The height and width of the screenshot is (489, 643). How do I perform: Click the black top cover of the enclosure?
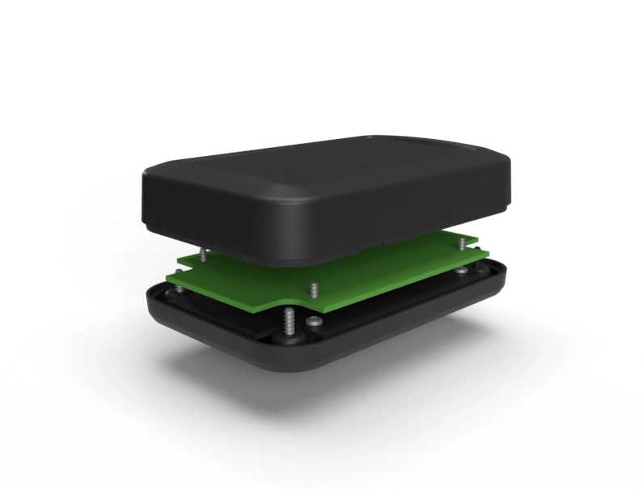324,194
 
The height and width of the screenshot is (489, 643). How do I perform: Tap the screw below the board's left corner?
176,289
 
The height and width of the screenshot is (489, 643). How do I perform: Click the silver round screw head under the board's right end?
463,272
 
